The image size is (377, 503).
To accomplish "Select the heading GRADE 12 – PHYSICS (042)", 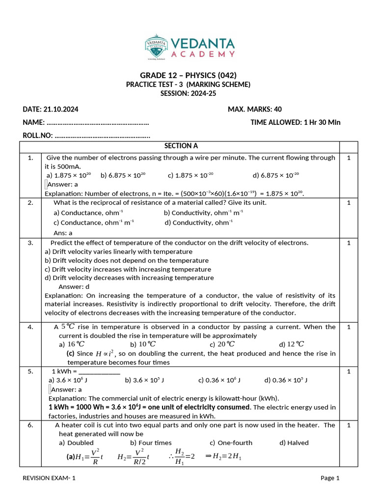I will (x=188, y=75).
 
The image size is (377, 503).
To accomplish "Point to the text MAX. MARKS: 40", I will (x=255, y=109).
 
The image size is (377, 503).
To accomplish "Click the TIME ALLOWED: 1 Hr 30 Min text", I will (x=295, y=122).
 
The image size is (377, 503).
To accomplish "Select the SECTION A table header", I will (x=181, y=146).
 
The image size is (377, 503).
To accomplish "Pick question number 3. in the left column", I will (x=30, y=243).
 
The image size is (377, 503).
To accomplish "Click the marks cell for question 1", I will (x=348, y=158).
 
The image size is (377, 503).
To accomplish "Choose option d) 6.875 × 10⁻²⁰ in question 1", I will (x=275, y=175).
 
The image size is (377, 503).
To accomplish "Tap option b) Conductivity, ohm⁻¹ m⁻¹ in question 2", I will (x=203, y=213).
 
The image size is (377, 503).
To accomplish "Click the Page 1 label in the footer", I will (x=330, y=478).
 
